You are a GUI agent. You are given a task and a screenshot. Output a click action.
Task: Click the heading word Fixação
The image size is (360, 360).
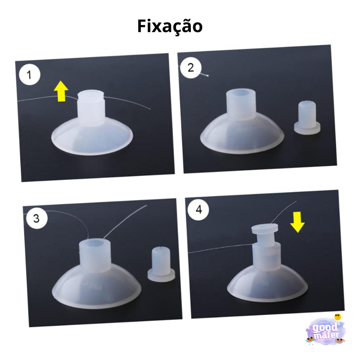(x=170, y=26)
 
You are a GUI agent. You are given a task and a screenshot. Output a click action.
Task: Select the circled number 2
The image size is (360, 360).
(x=191, y=67)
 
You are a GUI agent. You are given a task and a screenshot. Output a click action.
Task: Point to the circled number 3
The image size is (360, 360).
(x=36, y=218)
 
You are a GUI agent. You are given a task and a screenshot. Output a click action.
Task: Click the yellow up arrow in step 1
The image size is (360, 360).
(x=61, y=91)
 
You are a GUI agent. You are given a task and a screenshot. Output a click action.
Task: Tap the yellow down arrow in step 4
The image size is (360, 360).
(x=298, y=221)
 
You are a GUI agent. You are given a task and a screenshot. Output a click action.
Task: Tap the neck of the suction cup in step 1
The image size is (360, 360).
(x=90, y=109)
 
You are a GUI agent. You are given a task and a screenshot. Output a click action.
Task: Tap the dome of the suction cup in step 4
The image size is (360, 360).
(x=267, y=281)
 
